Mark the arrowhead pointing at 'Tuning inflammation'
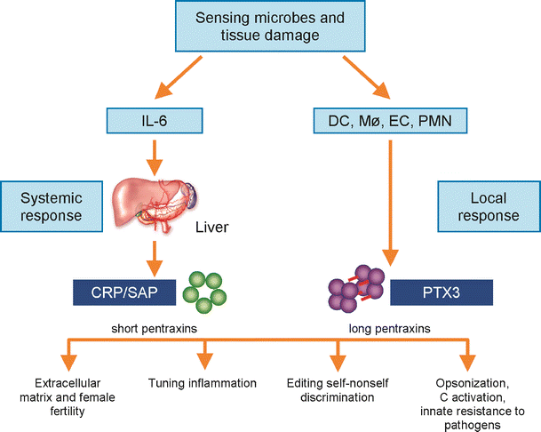[x=202, y=364]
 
